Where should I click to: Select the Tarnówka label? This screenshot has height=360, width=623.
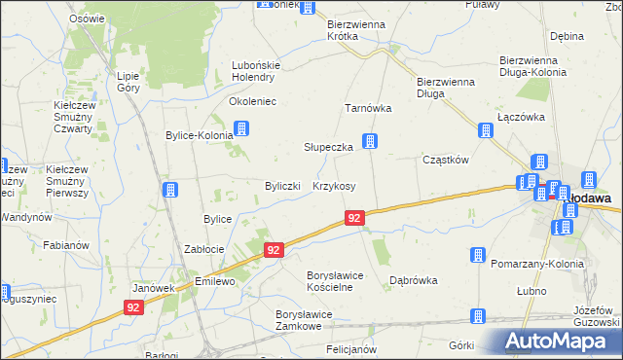pyautogui.click(x=368, y=109)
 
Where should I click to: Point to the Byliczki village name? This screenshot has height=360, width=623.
pyautogui.click(x=286, y=186)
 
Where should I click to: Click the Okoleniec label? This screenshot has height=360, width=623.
pyautogui.click(x=252, y=100)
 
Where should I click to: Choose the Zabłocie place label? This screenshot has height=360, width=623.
pyautogui.click(x=204, y=249)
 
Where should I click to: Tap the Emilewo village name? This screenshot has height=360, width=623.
pyautogui.click(x=216, y=281)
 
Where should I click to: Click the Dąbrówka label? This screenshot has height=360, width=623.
pyautogui.click(x=414, y=279)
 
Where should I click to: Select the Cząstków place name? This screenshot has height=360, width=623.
pyautogui.click(x=446, y=160)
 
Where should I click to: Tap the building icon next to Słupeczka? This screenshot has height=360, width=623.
pyautogui.click(x=370, y=143)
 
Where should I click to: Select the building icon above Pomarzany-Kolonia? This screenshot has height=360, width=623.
pyautogui.click(x=478, y=255)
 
